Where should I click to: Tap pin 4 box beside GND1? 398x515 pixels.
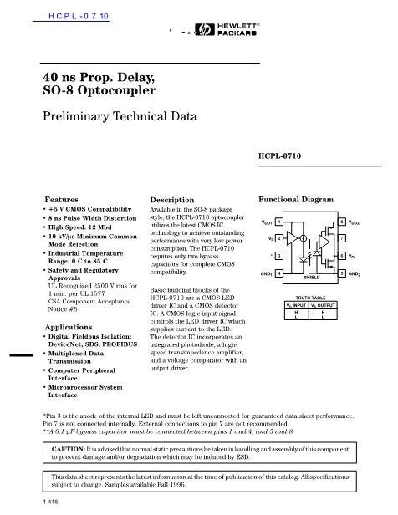[x=278, y=273]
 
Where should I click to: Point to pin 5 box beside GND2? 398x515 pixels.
[x=341, y=273]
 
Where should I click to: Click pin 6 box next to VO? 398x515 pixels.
[x=341, y=257]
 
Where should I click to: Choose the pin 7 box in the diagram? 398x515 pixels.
[x=341, y=239]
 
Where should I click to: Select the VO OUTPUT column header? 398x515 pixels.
[x=324, y=307]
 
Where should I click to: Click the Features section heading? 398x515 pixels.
[x=61, y=200]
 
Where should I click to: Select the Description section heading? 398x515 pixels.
[x=171, y=201]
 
